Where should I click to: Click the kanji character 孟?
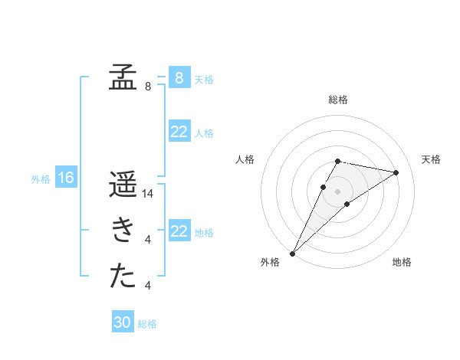tap(123, 77)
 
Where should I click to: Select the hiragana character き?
tap(123, 231)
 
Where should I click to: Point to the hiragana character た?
tap(123, 277)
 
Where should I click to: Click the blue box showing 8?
tap(179, 77)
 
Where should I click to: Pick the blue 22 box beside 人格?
tap(179, 132)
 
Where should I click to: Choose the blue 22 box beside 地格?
tap(179, 231)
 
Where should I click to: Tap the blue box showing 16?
tap(66, 178)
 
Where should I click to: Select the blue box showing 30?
tap(123, 322)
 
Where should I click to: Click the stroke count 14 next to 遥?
tap(149, 194)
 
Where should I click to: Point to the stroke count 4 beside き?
tap(147, 240)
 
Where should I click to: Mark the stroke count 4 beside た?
tap(147, 286)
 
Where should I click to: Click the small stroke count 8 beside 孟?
tap(147, 87)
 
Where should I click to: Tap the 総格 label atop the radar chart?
tap(338, 100)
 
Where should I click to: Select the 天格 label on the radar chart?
tap(431, 159)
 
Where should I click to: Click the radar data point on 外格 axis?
tap(292, 253)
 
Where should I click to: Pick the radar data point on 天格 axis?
tap(396, 172)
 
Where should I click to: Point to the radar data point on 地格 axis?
tap(347, 204)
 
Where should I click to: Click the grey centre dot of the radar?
tap(338, 191)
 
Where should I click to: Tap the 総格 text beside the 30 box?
tap(147, 324)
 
